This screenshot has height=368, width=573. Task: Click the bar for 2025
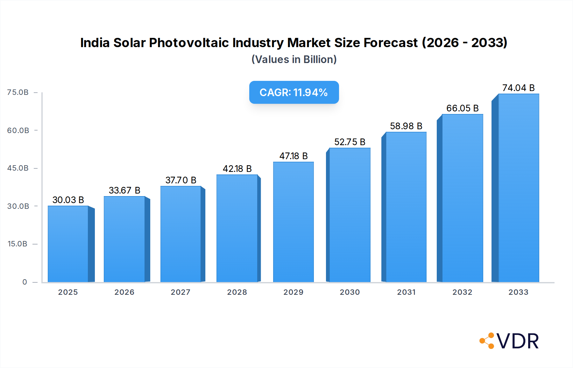tap(68, 244)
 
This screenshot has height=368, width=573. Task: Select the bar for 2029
tap(293, 222)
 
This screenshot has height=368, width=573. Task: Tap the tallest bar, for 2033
tap(519, 188)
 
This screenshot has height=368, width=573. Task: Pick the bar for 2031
tap(406, 207)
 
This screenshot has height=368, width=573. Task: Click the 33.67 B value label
tap(124, 190)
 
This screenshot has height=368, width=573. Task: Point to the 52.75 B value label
tap(350, 142)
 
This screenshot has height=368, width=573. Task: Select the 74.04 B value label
tap(518, 88)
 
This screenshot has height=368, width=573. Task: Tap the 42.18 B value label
tap(237, 169)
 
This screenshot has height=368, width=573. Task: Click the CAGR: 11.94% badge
tap(294, 92)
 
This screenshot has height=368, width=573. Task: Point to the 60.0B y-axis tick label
tap(18, 131)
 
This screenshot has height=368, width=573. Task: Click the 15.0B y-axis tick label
tap(18, 244)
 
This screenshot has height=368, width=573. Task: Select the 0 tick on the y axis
tap(25, 282)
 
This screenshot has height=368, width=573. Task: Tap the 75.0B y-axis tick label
tap(18, 92)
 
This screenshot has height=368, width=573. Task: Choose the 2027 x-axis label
tap(180, 292)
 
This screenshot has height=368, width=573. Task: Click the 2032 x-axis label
tap(462, 292)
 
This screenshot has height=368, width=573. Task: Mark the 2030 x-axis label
tap(350, 292)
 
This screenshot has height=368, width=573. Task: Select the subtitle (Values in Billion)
tap(294, 60)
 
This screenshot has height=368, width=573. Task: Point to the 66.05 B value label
tap(462, 108)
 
